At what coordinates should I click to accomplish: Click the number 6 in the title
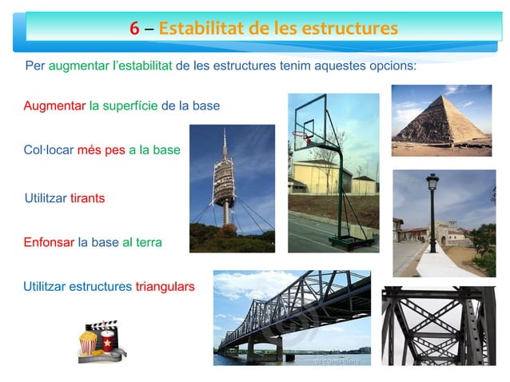click(135, 29)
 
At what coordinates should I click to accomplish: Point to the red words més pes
click(101, 149)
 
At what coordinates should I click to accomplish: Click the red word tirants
click(87, 197)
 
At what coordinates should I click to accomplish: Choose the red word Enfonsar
click(49, 241)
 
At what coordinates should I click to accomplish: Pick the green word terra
click(149, 241)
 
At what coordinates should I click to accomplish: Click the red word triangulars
click(165, 285)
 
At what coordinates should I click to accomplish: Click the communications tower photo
click(232, 188)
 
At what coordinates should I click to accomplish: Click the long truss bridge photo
click(292, 317)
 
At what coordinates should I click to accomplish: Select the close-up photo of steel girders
click(438, 325)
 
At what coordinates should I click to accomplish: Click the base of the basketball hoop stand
click(349, 237)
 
